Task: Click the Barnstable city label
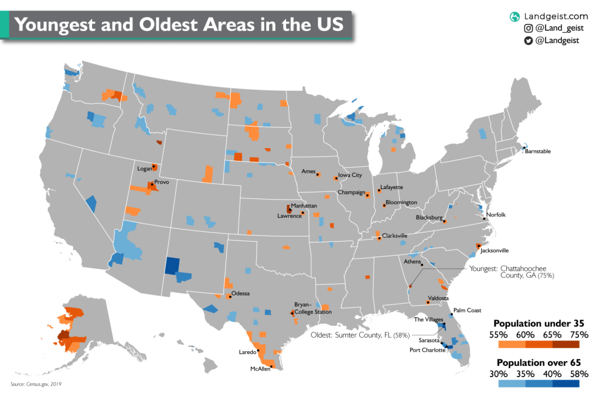point(537,151)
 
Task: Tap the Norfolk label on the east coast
point(495,215)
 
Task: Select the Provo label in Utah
point(161,183)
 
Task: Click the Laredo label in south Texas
point(248,352)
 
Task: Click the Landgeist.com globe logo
point(515,16)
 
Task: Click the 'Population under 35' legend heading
point(538,323)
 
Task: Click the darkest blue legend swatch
point(565,384)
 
